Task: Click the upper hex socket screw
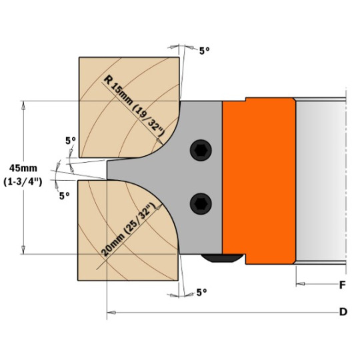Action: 201,151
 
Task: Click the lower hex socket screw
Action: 201,204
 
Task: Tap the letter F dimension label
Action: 342,285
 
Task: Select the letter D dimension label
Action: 343,312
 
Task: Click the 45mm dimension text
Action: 23,168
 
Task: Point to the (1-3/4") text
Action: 23,182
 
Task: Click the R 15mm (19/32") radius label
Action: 134,106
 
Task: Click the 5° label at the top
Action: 205,51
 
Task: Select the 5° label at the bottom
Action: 201,292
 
